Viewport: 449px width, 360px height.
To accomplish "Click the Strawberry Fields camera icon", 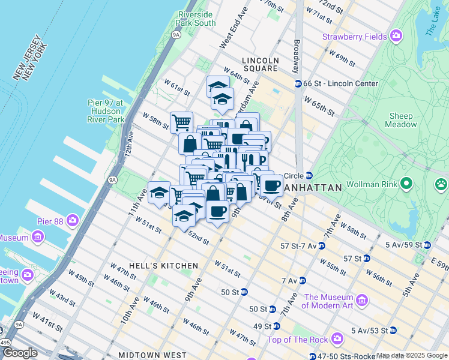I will click(x=396, y=37).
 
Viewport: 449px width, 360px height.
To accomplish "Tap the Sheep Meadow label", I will click(x=402, y=120).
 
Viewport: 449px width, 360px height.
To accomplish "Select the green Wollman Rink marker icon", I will click(x=406, y=182).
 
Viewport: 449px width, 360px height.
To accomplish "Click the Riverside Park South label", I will click(x=196, y=19).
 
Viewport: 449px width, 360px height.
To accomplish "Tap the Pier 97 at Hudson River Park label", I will click(x=107, y=111).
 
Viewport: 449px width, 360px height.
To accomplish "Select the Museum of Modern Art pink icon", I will click(x=362, y=300).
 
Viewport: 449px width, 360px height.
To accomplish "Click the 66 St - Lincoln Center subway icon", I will click(x=298, y=84).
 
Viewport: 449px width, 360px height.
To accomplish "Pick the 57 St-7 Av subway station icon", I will click(x=322, y=245).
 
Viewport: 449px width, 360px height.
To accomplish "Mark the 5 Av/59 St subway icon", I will click(x=427, y=245).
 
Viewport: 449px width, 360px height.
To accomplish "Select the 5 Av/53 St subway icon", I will click(x=393, y=330).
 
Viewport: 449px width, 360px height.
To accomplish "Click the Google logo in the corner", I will click(x=20, y=353).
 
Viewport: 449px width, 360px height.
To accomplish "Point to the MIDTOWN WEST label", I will click(x=148, y=355).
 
